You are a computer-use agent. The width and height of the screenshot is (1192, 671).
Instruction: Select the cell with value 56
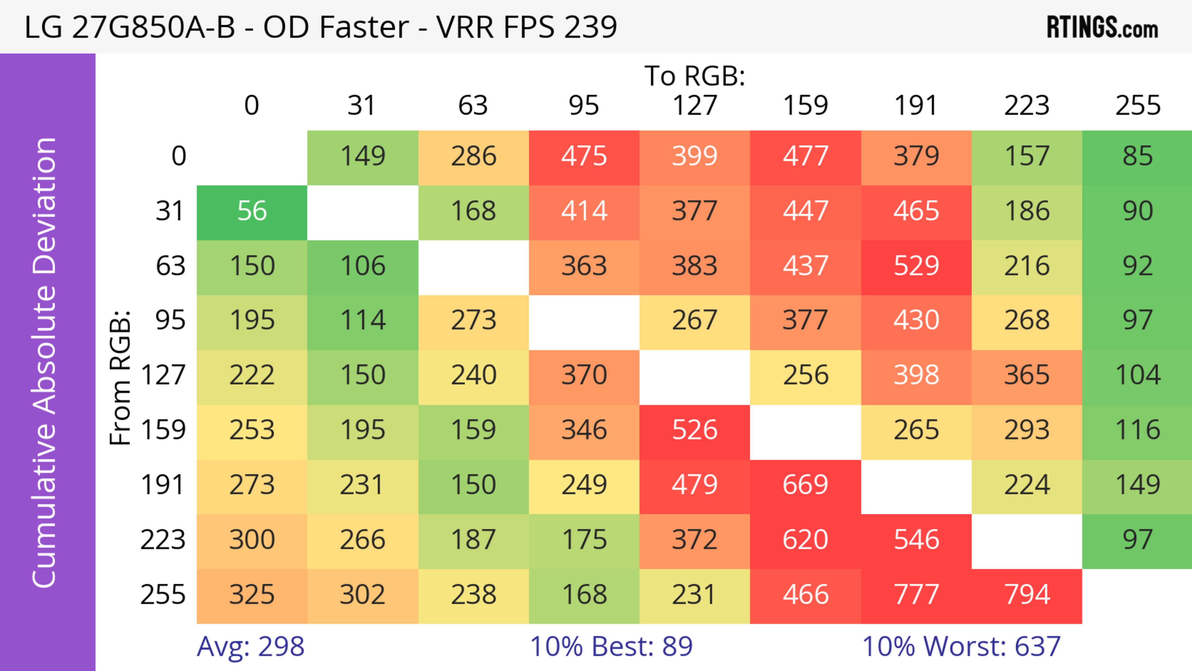(x=252, y=211)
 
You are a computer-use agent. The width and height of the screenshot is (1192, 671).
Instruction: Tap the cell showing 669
(x=805, y=485)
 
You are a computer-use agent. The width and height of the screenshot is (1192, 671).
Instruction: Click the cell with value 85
(x=1137, y=156)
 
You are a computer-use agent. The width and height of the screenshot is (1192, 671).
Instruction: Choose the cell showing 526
(x=695, y=430)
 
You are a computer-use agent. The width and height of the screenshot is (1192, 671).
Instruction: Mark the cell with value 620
(x=805, y=540)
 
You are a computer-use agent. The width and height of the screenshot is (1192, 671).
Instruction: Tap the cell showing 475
(x=584, y=156)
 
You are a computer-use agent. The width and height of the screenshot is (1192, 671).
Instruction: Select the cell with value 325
(x=252, y=595)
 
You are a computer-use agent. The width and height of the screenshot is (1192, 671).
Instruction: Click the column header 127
(x=695, y=106)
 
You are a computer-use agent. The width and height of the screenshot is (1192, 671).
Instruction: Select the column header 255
(x=1137, y=106)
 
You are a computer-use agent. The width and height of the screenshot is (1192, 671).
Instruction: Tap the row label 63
(x=170, y=266)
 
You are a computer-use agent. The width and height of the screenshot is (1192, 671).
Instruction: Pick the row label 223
(x=163, y=540)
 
